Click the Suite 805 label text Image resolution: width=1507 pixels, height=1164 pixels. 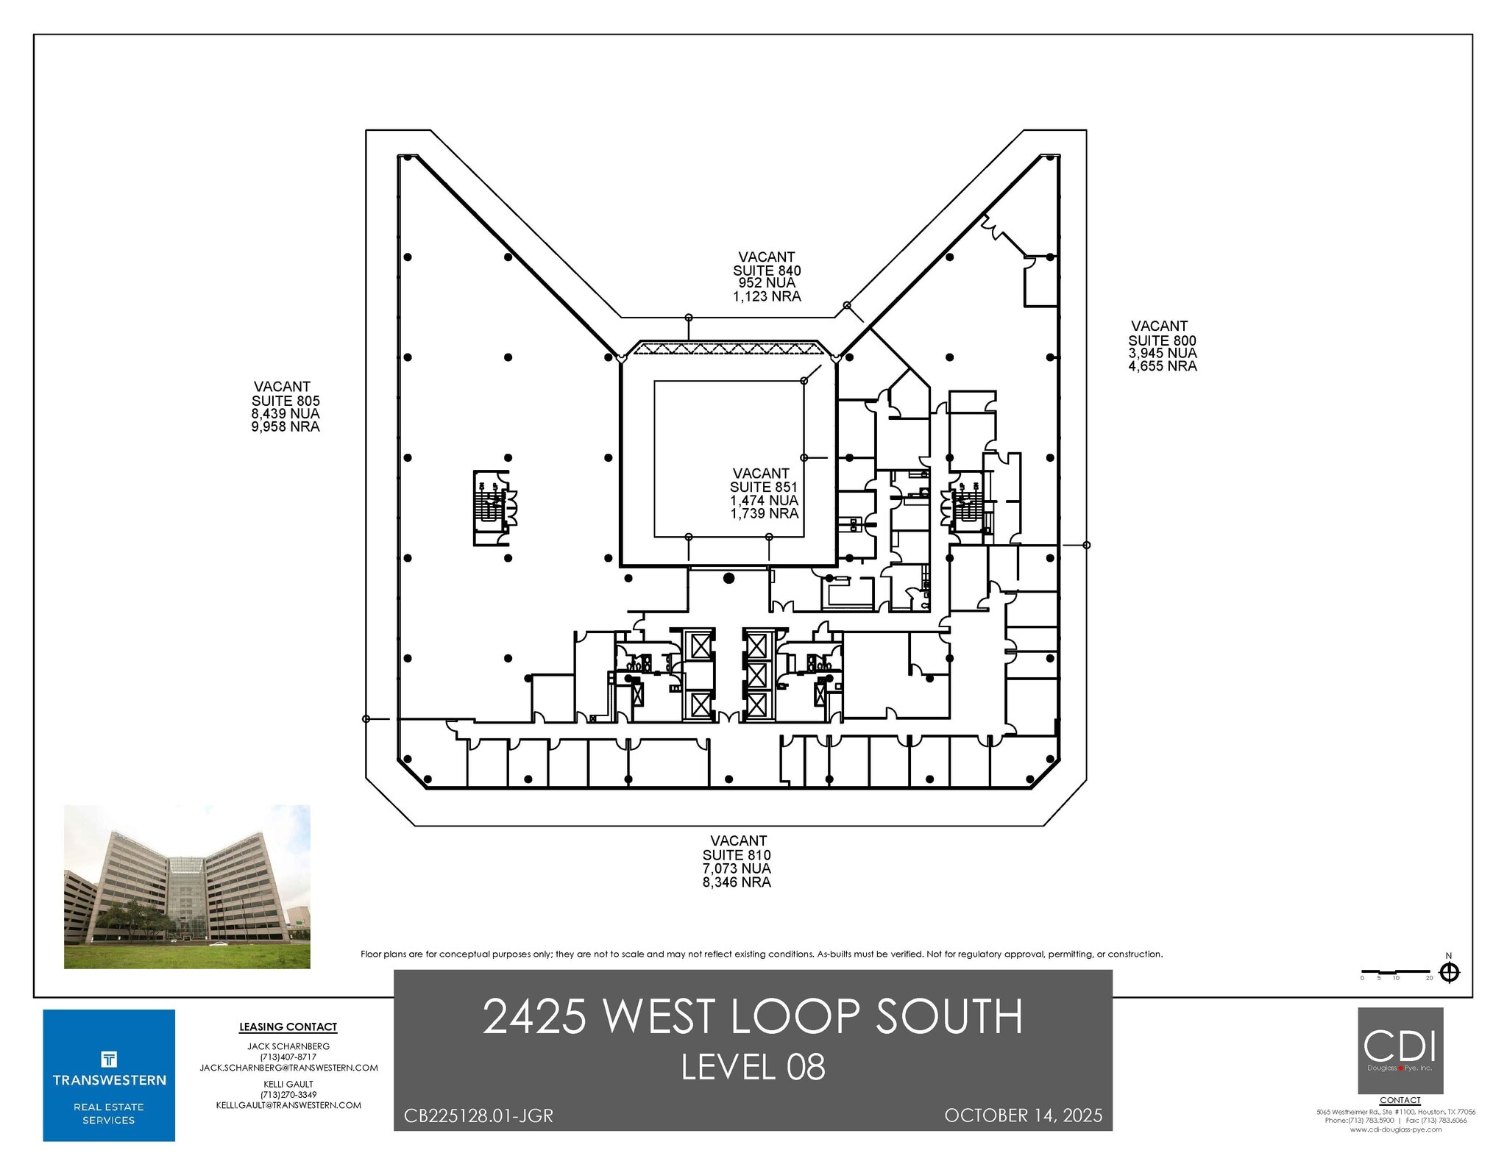pyautogui.click(x=286, y=401)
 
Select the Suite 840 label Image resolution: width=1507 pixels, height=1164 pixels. pyautogui.click(x=767, y=271)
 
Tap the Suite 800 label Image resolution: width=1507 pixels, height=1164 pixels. pyautogui.click(x=1162, y=340)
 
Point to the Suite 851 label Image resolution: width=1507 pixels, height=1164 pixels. pyautogui.click(x=763, y=487)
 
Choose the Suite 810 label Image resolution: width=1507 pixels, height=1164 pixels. pyautogui.click(x=737, y=854)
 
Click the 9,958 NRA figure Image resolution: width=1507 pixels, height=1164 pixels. pyautogui.click(x=286, y=427)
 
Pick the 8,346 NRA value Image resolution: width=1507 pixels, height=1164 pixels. pyautogui.click(x=737, y=882)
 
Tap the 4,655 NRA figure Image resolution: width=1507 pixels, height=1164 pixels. pyautogui.click(x=1163, y=366)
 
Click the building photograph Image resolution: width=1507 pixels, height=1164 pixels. pyautogui.click(x=187, y=886)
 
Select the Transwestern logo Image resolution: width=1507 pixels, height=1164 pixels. pyautogui.click(x=109, y=1075)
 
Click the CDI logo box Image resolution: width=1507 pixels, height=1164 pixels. pyautogui.click(x=1400, y=1050)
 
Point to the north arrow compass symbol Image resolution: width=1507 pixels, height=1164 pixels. pyautogui.click(x=1449, y=973)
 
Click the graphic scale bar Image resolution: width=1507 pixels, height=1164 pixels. pyautogui.click(x=1396, y=972)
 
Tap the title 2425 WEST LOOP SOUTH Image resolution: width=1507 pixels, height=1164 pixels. pyautogui.click(x=753, y=1016)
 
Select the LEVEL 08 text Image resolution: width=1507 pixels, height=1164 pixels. pyautogui.click(x=753, y=1067)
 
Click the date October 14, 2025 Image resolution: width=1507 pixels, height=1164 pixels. pyautogui.click(x=1023, y=1115)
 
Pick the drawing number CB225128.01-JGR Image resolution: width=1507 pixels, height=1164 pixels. pyautogui.click(x=478, y=1116)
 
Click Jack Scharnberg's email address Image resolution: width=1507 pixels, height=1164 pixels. pyautogui.click(x=288, y=1068)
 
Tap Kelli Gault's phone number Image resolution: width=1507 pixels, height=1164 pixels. pyautogui.click(x=288, y=1095)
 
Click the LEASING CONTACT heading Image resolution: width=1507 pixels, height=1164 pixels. pyautogui.click(x=288, y=1027)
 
